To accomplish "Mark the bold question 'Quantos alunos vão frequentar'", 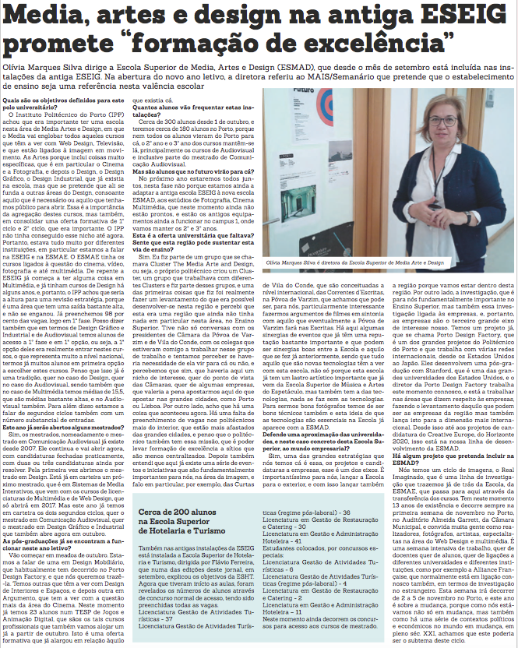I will pos(183,110).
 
